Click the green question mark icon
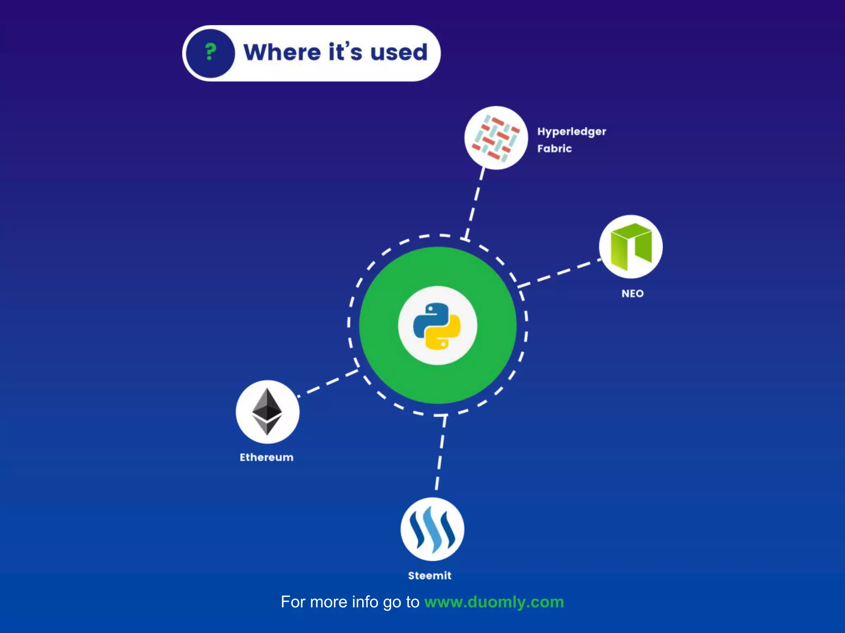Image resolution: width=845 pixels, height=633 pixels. pos(210,53)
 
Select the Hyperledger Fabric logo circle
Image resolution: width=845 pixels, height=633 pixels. pos(496,138)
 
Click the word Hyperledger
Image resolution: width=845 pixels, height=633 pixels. pos(571,132)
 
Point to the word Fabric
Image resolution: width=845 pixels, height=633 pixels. pos(554,148)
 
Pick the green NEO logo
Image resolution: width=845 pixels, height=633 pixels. pos(630,246)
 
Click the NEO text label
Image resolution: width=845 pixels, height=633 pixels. pos(633,293)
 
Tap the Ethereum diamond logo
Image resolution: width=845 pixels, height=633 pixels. pos(267,412)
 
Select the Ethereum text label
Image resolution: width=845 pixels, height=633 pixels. pos(267,457)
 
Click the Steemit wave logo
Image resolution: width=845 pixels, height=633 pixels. pos(432,529)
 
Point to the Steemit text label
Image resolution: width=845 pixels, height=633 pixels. pos(430,576)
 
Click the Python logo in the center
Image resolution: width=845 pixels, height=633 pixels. pos(437,326)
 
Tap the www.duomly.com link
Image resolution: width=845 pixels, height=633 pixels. pos(494,602)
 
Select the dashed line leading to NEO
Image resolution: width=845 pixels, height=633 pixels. pos(559,272)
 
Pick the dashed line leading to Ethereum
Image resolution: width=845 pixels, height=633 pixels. pos(328,383)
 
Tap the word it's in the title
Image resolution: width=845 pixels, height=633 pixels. pos(345,52)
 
